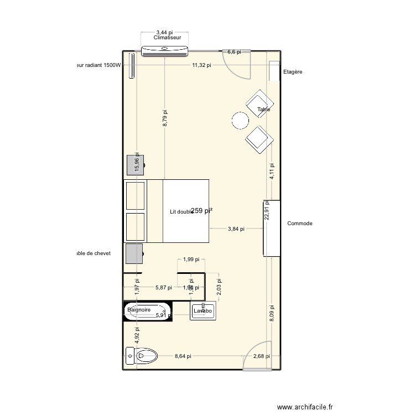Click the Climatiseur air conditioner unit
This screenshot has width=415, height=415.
click(165, 51)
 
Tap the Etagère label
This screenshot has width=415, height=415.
click(293, 72)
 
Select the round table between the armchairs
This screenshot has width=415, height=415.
click(241, 120)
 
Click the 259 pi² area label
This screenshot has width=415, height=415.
click(202, 210)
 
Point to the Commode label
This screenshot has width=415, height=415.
click(300, 224)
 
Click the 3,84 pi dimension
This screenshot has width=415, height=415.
click(236, 228)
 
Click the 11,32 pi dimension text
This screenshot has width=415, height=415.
click(201, 65)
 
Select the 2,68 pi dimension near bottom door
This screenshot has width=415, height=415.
click(262, 357)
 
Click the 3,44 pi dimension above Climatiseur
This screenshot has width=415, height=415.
click(164, 33)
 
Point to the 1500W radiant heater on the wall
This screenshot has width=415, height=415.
click(132, 66)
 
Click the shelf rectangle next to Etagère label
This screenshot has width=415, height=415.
click(274, 71)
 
